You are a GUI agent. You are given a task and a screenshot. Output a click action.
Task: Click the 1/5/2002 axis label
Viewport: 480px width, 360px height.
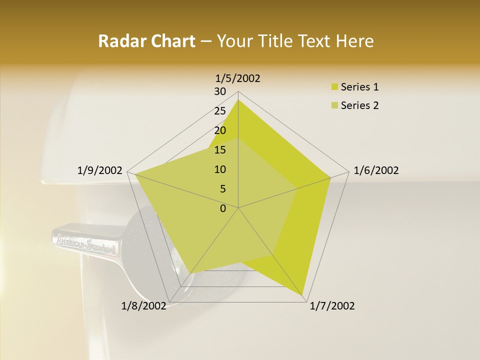click(x=238, y=78)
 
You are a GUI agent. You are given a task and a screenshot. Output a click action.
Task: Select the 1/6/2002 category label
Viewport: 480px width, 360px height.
click(x=376, y=170)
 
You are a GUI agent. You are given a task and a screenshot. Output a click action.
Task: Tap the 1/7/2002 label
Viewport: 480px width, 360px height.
click(x=332, y=306)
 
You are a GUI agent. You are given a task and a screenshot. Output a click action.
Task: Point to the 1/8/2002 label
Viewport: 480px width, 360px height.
click(x=144, y=306)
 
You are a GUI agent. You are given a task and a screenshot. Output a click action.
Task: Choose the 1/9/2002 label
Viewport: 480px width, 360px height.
click(x=100, y=170)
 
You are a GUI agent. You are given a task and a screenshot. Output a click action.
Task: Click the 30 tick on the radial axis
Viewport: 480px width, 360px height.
click(x=219, y=91)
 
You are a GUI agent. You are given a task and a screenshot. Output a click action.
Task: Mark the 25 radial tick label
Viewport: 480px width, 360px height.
click(x=219, y=111)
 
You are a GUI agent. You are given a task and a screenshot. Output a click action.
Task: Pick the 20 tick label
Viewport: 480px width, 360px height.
click(x=219, y=130)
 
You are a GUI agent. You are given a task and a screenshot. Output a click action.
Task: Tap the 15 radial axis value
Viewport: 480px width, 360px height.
click(x=219, y=150)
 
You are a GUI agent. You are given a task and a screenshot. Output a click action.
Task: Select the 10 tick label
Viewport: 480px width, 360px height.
click(x=219, y=169)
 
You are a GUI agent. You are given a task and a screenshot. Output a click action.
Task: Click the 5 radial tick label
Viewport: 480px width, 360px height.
click(x=222, y=189)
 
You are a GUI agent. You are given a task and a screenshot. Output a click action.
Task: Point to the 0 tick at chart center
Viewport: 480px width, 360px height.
click(x=223, y=208)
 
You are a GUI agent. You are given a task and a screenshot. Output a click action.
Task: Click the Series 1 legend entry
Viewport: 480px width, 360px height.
click(x=359, y=87)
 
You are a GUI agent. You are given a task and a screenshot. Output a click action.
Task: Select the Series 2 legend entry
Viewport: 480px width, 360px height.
click(x=359, y=105)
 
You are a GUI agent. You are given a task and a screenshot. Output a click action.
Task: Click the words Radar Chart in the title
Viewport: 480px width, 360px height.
click(x=146, y=41)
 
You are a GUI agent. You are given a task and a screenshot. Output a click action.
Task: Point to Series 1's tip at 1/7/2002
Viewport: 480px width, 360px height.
click(x=303, y=295)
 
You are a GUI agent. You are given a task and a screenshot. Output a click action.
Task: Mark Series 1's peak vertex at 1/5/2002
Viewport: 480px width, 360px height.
click(x=238, y=100)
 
